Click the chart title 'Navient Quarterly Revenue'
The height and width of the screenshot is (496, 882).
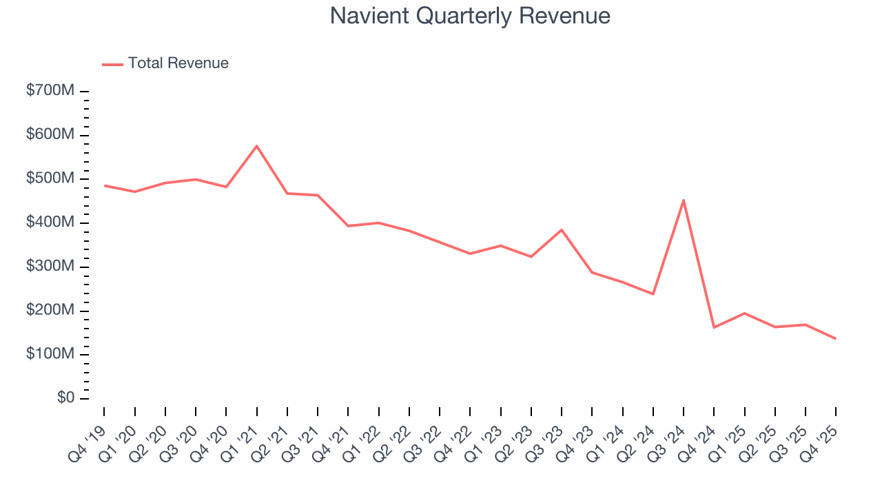pos(470,15)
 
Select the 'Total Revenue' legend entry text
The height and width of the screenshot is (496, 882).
pos(178,63)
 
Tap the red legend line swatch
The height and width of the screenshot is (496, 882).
pos(112,64)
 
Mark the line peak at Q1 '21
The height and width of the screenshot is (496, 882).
pos(257,146)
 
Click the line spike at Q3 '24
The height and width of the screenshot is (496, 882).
pos(683,200)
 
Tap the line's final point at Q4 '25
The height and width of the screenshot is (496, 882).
pos(835,338)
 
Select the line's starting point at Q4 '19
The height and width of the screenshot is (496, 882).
pos(105,185)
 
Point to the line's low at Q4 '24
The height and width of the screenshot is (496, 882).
pos(714,327)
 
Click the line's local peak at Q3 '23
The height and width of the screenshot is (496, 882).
pos(562,230)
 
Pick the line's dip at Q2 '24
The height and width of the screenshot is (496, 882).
pos(653,294)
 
